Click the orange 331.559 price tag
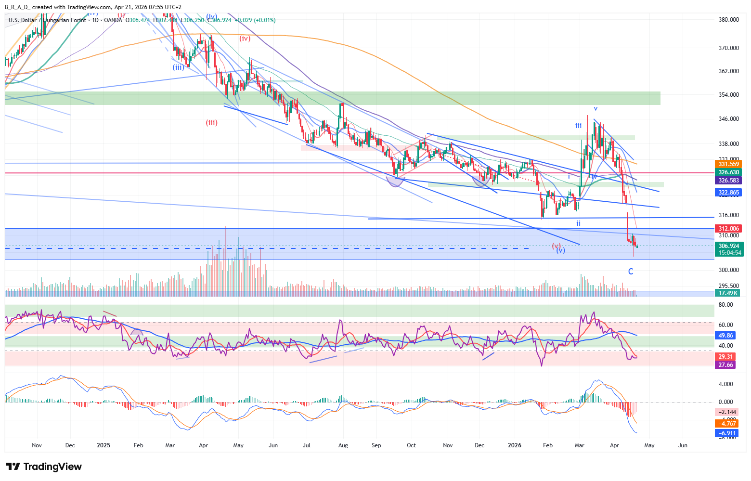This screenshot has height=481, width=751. [728, 164]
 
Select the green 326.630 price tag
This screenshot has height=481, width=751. [728, 172]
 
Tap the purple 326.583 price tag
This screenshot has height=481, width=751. [728, 181]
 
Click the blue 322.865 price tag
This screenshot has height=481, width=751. [728, 193]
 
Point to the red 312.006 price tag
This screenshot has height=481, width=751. [728, 229]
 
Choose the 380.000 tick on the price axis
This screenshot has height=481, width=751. [728, 20]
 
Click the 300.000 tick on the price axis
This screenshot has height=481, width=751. [728, 270]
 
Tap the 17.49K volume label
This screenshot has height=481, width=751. [728, 293]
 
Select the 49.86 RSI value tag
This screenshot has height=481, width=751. [725, 336]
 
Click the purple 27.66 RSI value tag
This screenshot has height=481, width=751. [725, 365]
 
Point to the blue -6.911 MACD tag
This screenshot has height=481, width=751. [727, 433]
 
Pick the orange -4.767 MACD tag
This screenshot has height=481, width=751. [727, 424]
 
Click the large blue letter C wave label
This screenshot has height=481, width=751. [631, 272]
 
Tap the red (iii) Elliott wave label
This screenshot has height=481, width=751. [212, 122]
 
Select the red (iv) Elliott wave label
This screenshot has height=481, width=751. [245, 39]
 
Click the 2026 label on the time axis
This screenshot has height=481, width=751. [514, 445]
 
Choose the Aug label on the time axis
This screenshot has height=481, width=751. [343, 445]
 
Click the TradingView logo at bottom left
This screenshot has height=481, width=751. [44, 467]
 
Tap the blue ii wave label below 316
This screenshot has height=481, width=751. [578, 223]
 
